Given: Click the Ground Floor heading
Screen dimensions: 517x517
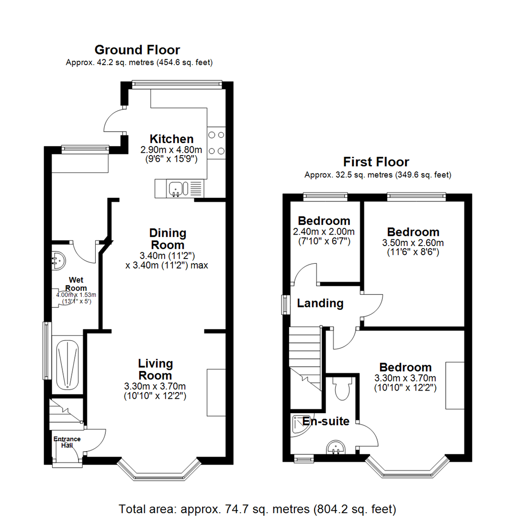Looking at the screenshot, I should click(x=137, y=50).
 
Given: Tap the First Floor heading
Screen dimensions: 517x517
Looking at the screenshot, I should click(x=376, y=162).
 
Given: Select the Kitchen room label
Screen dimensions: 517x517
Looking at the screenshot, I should click(x=171, y=139).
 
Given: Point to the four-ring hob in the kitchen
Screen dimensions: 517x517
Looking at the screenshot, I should click(x=216, y=143).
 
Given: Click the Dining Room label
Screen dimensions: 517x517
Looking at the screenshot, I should click(x=168, y=239).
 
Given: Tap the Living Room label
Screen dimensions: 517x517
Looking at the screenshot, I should click(x=155, y=369).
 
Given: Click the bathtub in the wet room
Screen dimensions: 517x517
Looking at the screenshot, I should click(x=67, y=364).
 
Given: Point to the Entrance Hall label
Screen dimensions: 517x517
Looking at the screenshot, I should click(x=67, y=442).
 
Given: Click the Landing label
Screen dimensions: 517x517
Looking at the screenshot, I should click(x=320, y=303).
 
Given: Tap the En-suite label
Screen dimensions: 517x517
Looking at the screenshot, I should click(x=326, y=421).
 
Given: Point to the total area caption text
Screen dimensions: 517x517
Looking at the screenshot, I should click(x=258, y=508).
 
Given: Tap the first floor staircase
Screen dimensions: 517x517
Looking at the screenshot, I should click(x=305, y=364).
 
